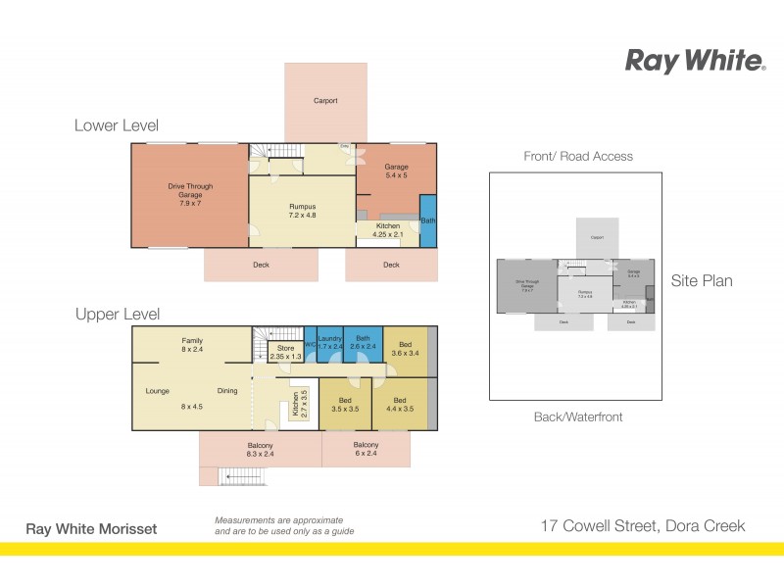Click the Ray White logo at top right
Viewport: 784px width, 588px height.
click(695, 61)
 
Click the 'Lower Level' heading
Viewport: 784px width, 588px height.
click(116, 125)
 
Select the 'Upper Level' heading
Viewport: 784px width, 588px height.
click(118, 315)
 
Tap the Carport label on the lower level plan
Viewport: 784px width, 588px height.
click(326, 100)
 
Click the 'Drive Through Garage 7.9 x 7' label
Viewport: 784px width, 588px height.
click(190, 194)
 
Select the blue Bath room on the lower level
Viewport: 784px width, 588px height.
click(427, 220)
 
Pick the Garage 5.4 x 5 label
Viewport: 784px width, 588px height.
click(396, 171)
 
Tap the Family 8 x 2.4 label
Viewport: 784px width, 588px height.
click(191, 345)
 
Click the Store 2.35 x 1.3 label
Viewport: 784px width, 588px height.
click(285, 352)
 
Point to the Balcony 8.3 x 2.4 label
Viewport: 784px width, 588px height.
click(260, 451)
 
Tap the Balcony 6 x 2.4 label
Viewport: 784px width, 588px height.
click(366, 449)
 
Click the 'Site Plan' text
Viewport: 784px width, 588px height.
click(702, 281)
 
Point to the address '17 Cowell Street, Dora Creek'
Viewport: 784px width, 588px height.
click(643, 526)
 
